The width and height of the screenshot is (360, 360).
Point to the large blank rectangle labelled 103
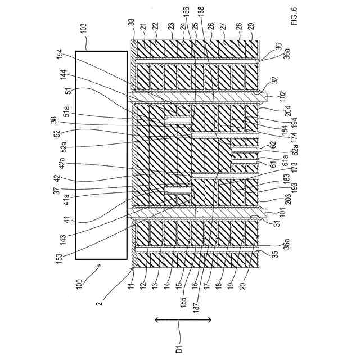[x=101, y=155]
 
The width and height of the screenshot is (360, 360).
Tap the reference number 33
[x=131, y=22]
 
